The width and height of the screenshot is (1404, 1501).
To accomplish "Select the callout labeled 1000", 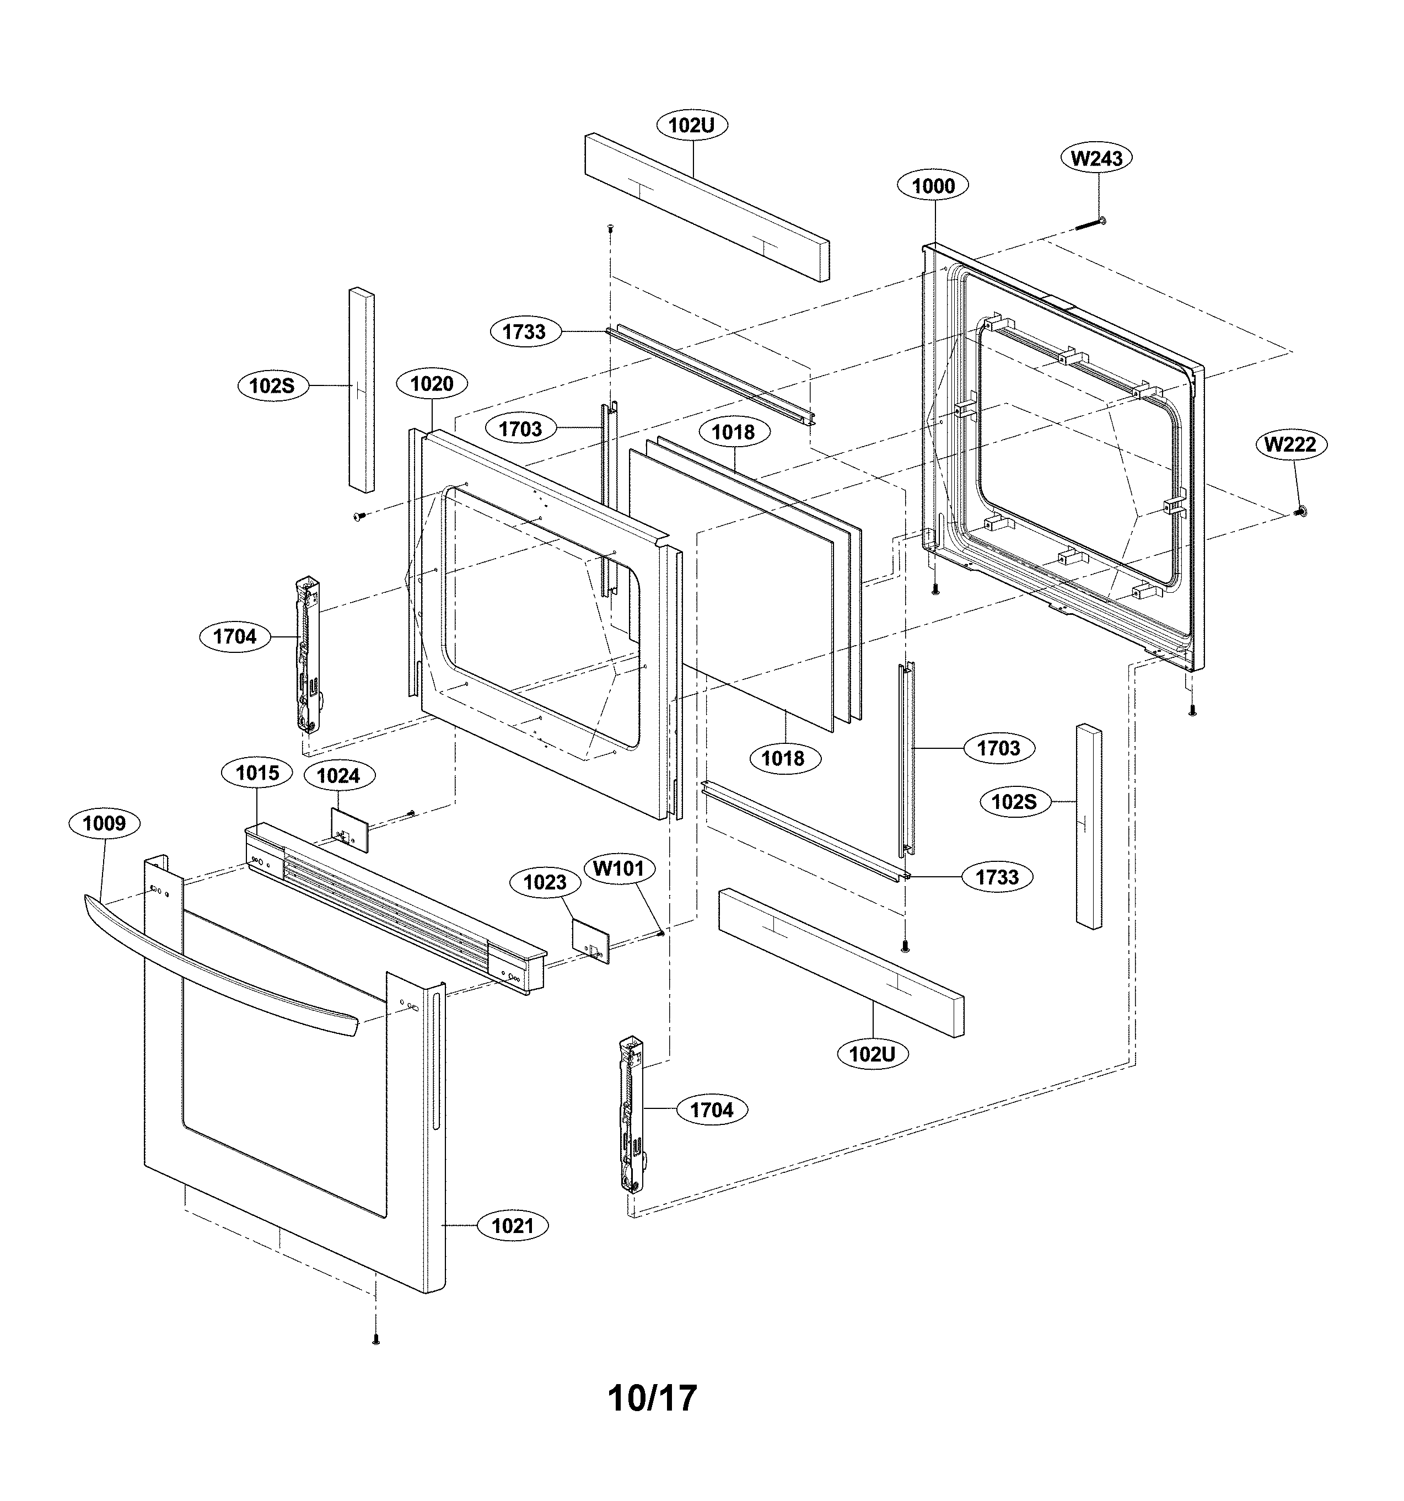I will point(933,186).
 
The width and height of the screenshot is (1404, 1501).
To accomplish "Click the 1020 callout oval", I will point(431,384).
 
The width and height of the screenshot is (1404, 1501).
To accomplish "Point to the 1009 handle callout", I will point(104,822).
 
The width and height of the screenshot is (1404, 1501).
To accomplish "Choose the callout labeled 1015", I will point(257,773).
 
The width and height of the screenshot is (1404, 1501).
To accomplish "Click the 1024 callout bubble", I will point(338,775).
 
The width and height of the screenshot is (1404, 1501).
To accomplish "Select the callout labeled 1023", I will point(545,882).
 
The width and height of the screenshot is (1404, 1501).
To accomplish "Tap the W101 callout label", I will point(618,869).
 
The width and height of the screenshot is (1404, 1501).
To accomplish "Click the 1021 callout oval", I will point(513,1225).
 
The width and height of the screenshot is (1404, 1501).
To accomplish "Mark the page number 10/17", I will point(652,1397).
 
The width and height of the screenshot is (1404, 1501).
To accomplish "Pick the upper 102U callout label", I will point(691,125).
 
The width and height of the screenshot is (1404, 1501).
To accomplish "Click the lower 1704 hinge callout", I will point(711,1110).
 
